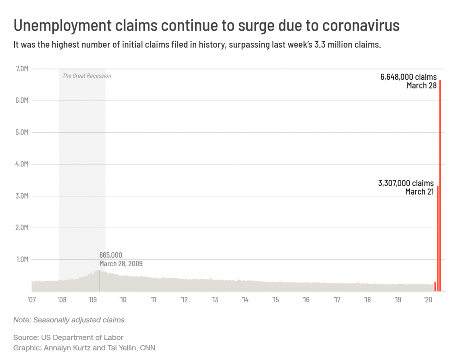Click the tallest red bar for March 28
click(440, 185)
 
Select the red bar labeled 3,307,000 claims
click(438, 239)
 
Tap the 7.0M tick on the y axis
click(22, 69)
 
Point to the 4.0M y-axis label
click(22, 164)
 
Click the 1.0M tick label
click(22, 259)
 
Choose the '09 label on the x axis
click(92, 300)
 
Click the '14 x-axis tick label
click(245, 300)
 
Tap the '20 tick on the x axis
click(428, 300)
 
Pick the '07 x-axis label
click(32, 300)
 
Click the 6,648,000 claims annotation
click(408, 77)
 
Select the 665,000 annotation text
click(111, 255)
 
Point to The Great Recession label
click(87, 76)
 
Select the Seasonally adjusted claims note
click(79, 320)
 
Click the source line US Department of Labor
click(82, 337)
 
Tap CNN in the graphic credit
click(148, 348)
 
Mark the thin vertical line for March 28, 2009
click(100, 281)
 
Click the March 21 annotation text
click(419, 192)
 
